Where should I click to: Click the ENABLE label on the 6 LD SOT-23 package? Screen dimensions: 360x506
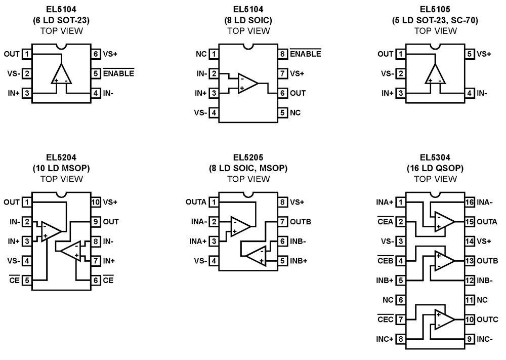click(x=119, y=73)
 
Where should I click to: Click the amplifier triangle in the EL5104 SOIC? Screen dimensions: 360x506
click(x=248, y=83)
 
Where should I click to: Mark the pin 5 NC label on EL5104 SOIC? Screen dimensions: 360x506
click(x=296, y=112)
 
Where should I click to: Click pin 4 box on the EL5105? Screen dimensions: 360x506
click(x=470, y=93)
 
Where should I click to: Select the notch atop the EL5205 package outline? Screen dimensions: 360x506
click(x=248, y=195)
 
